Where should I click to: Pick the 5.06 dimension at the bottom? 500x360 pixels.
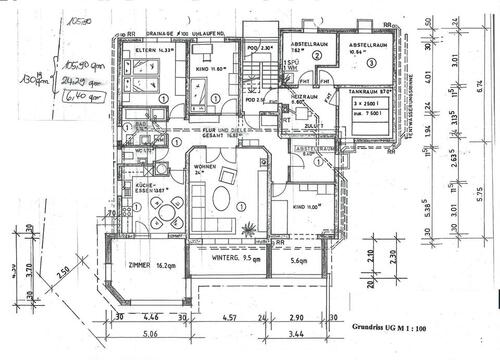click(x=147, y=335)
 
